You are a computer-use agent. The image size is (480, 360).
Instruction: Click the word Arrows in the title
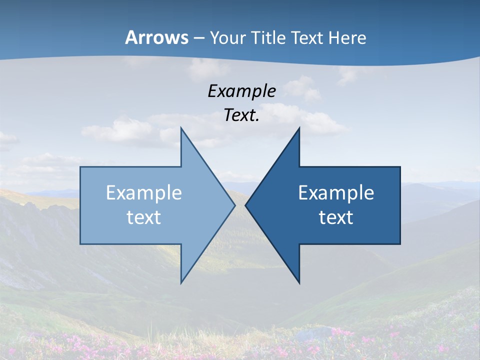[157, 37]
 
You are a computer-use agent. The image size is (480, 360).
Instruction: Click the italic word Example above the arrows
[241, 91]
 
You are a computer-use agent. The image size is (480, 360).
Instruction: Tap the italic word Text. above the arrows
[241, 115]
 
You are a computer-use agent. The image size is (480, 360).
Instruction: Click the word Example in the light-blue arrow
[144, 193]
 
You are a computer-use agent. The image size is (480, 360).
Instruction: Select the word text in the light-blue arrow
[144, 217]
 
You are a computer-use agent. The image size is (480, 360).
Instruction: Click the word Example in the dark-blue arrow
[336, 193]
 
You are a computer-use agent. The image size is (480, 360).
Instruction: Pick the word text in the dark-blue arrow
[336, 217]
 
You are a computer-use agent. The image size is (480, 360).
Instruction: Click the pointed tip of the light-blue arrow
[235, 205]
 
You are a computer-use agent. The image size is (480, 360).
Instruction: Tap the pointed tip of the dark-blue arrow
[245, 205]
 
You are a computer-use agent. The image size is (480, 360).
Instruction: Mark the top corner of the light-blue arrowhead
[181, 128]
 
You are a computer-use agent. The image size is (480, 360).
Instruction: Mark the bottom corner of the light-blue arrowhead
[181, 283]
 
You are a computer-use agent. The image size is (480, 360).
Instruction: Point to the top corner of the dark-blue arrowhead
[299, 128]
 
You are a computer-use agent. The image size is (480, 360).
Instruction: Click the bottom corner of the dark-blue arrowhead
[299, 283]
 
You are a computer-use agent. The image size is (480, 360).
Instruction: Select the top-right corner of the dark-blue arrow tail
[400, 167]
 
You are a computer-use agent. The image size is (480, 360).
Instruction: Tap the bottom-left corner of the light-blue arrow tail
[80, 244]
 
